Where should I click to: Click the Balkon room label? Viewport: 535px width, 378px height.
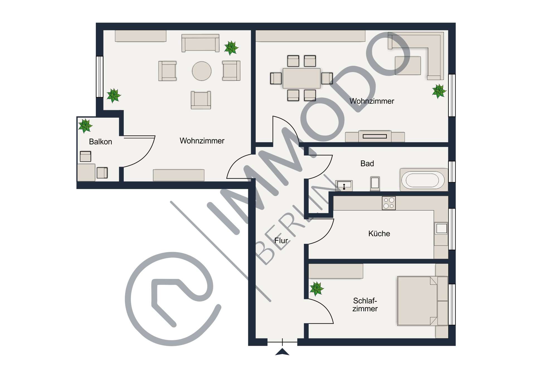[x=100, y=142]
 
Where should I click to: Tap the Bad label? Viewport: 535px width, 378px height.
[x=367, y=164]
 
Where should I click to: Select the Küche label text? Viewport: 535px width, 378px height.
[x=379, y=233]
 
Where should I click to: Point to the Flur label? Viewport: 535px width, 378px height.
[x=281, y=240]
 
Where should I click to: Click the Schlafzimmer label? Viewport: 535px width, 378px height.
[x=365, y=304]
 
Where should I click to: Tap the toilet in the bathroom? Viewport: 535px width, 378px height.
[x=375, y=183]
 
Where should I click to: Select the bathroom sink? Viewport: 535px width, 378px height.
[x=344, y=186]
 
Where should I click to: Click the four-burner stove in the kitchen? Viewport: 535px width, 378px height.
[x=389, y=203]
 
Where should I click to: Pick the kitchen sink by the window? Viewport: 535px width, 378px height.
[x=441, y=228]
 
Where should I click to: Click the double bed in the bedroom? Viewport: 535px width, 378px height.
[x=422, y=301]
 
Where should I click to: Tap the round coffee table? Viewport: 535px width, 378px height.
[x=201, y=71]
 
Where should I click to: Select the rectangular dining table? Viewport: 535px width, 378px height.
[x=301, y=78]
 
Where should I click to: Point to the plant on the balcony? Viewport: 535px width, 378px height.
[x=85, y=126]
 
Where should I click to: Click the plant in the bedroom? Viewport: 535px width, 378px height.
[x=317, y=289]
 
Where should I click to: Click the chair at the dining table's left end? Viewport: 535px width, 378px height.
[x=276, y=78]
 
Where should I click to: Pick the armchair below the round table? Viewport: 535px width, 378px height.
[x=201, y=100]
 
